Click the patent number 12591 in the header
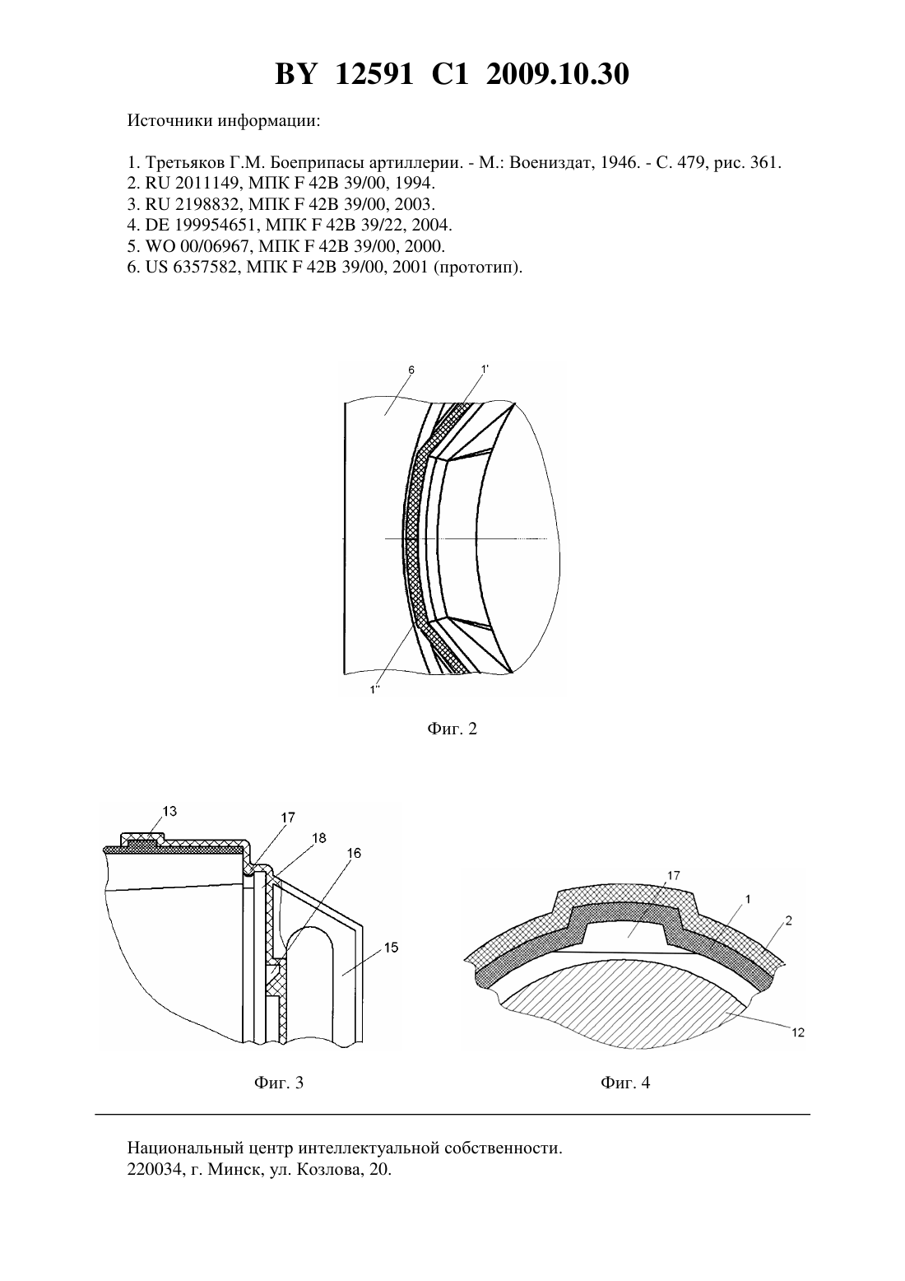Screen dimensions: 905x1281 coord(374,74)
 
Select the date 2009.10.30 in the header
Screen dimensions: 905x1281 coord(558,74)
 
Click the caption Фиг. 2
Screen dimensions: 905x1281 coord(452,729)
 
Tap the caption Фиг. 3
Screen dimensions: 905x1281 coord(279,1083)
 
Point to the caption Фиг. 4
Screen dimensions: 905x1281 coord(625,1083)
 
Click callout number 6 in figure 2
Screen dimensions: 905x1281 coord(411,370)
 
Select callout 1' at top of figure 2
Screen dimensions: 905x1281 coord(485,370)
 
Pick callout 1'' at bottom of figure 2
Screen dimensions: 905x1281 coord(375,690)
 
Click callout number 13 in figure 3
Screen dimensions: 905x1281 coord(169,811)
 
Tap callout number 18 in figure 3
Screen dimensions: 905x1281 coord(319,838)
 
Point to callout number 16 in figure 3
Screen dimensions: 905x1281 coord(354,853)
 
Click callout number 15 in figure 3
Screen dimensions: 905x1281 coord(391,948)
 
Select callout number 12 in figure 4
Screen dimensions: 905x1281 coord(798,1032)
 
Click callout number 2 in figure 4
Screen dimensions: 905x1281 coord(789,920)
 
